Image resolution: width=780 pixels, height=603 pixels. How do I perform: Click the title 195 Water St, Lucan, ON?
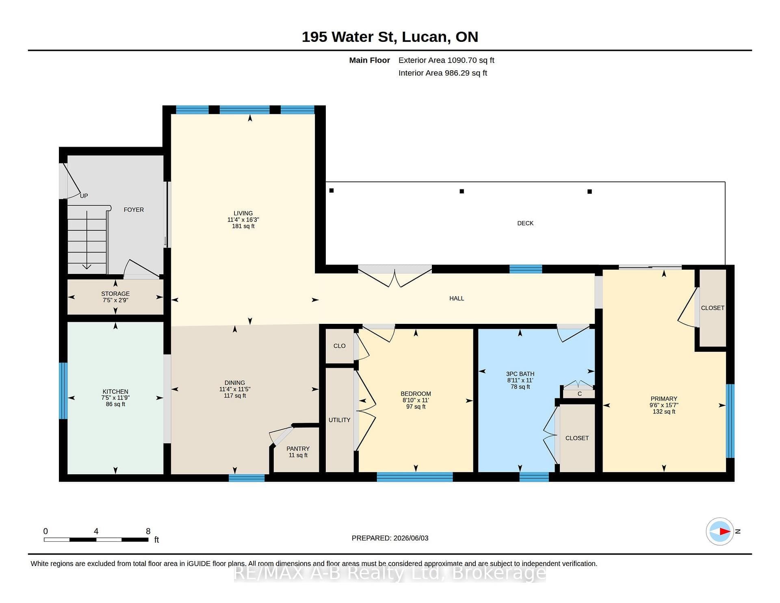click(x=390, y=37)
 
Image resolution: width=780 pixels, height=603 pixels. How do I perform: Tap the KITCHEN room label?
click(x=115, y=392)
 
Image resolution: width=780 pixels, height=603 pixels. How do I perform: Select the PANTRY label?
click(x=298, y=449)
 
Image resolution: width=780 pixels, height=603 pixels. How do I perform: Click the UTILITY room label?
click(x=339, y=420)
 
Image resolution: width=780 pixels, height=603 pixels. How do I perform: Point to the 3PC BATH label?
click(x=520, y=374)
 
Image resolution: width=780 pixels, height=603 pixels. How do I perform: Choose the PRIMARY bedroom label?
click(x=664, y=399)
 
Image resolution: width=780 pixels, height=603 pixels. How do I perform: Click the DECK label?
click(x=525, y=223)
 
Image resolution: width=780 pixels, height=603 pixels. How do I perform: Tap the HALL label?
click(x=457, y=298)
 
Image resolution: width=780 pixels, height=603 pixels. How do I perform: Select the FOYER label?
click(x=134, y=210)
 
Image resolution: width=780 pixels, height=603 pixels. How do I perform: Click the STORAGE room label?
click(x=115, y=293)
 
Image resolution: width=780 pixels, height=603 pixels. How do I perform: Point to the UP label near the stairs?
click(x=84, y=196)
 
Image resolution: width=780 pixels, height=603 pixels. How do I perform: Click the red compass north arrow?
click(x=725, y=531)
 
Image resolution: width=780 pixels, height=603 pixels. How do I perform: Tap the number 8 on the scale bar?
click(x=148, y=531)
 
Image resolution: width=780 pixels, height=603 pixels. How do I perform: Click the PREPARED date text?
click(x=390, y=538)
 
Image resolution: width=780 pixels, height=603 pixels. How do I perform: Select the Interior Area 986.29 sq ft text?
click(x=443, y=73)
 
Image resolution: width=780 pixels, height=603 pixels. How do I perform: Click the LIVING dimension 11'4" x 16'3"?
click(x=243, y=219)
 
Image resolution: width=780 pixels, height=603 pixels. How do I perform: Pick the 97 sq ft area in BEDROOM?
click(x=416, y=406)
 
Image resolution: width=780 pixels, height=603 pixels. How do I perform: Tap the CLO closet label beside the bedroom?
click(x=339, y=346)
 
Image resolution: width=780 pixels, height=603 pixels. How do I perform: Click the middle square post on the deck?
click(x=461, y=191)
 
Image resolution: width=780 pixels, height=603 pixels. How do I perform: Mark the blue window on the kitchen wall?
click(x=63, y=390)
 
